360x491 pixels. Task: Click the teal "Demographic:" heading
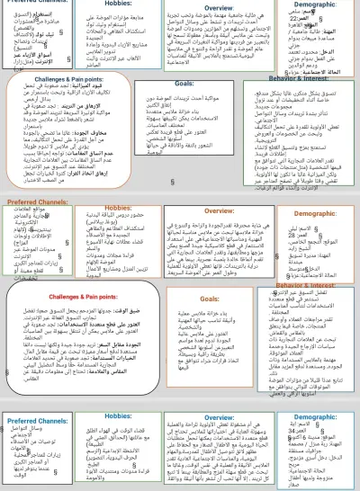(315, 420)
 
